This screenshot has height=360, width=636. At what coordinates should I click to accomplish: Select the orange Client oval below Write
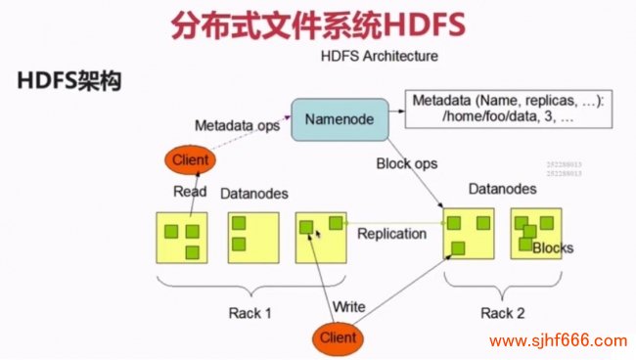336,337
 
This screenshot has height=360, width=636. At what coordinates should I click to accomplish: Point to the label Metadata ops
237,126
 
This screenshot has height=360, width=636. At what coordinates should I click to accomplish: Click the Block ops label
406,163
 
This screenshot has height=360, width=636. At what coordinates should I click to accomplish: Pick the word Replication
391,234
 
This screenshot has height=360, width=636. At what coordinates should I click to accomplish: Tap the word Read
190,192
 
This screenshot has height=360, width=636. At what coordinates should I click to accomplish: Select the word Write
348,306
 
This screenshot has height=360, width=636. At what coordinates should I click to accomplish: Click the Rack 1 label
251,313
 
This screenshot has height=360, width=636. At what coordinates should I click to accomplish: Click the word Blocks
553,247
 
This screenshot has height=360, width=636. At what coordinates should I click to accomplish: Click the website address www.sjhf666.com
558,341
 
